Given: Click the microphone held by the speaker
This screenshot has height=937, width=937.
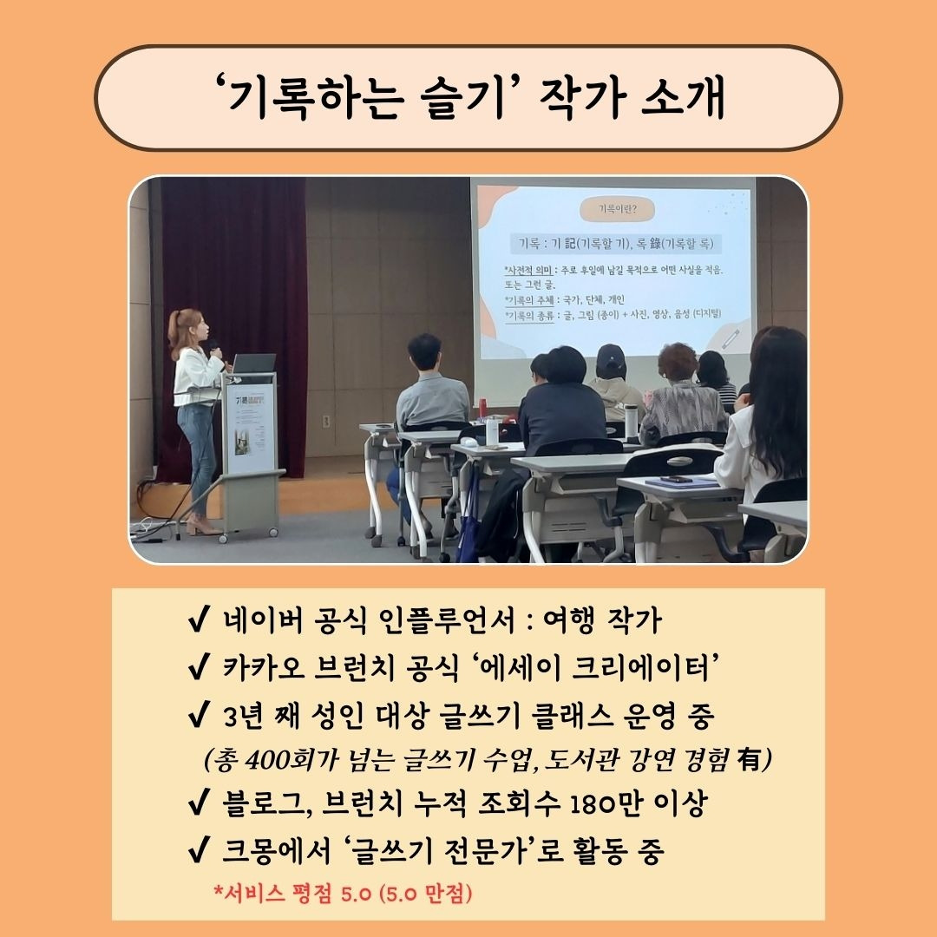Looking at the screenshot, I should point(214,351).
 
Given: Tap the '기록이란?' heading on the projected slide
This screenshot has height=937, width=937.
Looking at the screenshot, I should point(614,208).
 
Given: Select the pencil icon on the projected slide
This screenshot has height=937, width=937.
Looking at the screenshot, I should point(731,337).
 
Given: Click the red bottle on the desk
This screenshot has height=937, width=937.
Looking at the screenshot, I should point(482,408).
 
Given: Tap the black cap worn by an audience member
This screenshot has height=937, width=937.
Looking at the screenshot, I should point(611,357).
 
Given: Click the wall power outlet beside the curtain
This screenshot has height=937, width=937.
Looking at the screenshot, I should point(326,421).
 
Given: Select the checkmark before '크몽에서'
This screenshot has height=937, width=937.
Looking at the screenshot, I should point(196,852).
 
